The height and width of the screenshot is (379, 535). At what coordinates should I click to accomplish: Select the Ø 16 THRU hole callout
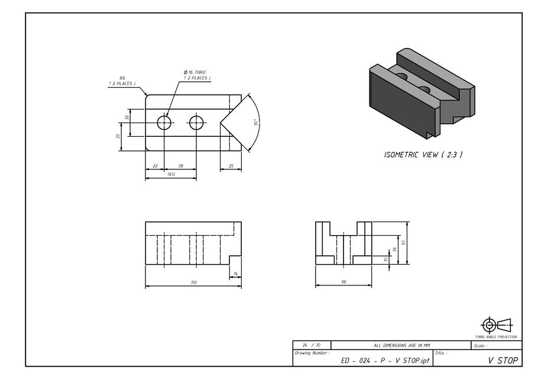[x=196, y=75]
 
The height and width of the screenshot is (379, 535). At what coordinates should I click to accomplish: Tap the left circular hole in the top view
[x=164, y=123]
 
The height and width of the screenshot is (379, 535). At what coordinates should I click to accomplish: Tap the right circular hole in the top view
[x=196, y=123]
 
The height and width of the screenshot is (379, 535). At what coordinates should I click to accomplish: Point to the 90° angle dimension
[x=256, y=123]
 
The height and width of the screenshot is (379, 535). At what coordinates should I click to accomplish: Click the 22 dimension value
[x=155, y=166]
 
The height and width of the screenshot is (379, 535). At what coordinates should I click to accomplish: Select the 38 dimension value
[x=180, y=166]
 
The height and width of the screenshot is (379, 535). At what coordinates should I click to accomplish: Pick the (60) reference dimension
[x=171, y=175]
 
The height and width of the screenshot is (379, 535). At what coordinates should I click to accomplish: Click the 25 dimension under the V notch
[x=231, y=166]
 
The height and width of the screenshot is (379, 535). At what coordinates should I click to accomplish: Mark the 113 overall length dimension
[x=193, y=282]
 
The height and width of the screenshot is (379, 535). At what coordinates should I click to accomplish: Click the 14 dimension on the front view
[x=235, y=274]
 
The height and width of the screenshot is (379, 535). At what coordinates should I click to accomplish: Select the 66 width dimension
[x=343, y=282]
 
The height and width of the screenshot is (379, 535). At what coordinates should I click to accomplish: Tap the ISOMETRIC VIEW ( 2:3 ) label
[x=423, y=155]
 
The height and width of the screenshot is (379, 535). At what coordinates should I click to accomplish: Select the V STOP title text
[x=502, y=360]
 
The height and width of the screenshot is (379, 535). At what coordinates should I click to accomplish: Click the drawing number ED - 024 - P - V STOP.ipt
[x=385, y=360]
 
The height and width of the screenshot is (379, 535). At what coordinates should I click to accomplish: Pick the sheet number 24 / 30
[x=312, y=345]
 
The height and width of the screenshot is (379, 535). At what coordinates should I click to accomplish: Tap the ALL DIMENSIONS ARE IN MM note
[x=402, y=345]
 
